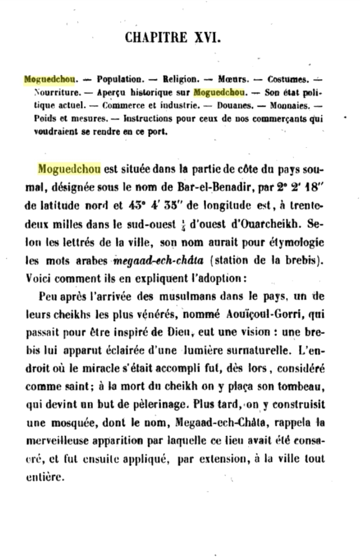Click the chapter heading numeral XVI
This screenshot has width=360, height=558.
pos(208,37)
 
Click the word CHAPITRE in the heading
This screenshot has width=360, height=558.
pos(156,37)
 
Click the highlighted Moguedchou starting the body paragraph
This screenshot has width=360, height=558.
pos(70,169)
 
